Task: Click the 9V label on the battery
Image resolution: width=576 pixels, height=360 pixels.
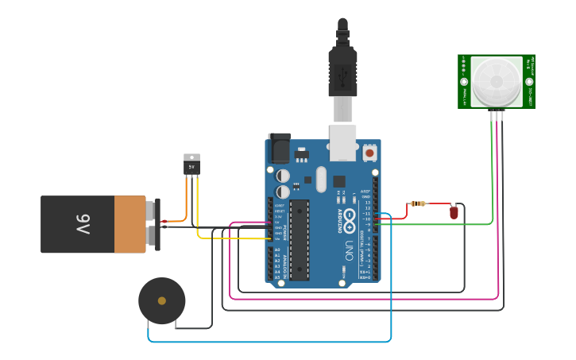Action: click(x=83, y=224)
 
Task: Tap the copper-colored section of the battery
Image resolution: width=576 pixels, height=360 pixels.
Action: click(x=130, y=224)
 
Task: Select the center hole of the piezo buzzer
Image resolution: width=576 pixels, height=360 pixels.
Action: click(x=162, y=300)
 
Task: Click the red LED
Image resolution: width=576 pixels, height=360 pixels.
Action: click(x=454, y=212)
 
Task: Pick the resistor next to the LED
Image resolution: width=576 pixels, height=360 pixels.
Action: click(x=418, y=203)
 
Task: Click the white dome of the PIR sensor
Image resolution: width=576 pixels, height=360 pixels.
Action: click(x=497, y=81)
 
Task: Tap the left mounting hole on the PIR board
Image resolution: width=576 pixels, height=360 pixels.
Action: click(x=464, y=81)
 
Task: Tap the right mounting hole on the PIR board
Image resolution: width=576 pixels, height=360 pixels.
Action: click(x=529, y=81)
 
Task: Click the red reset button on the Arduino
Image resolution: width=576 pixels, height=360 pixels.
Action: click(x=369, y=151)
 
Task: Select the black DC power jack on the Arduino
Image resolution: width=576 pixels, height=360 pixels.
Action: click(x=279, y=149)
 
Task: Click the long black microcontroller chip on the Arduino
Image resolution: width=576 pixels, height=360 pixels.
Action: click(x=299, y=239)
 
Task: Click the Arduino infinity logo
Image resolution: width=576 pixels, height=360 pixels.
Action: click(x=350, y=215)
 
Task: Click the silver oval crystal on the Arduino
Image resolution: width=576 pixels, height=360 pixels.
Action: click(x=321, y=179)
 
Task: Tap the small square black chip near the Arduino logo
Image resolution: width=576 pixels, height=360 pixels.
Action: click(x=339, y=181)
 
